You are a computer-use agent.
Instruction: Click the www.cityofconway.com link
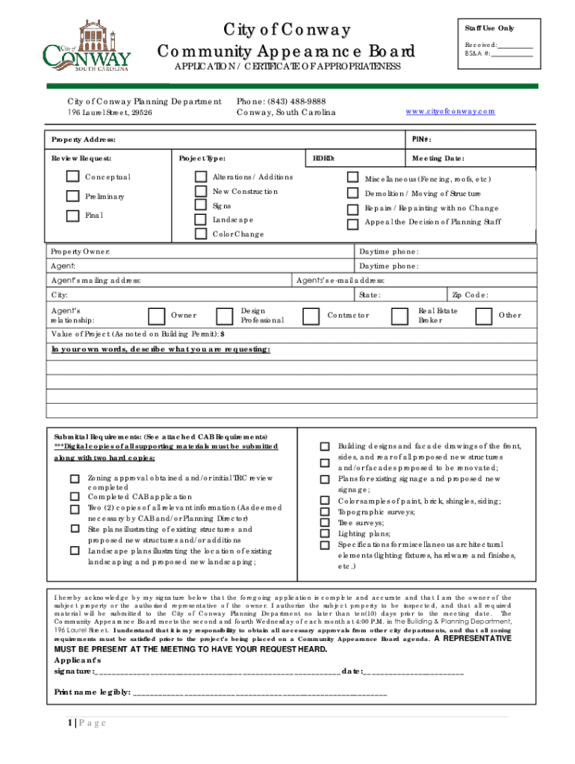pos(450,111)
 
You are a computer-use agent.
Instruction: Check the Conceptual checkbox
pos(72,177)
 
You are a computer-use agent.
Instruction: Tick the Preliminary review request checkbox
pos(72,196)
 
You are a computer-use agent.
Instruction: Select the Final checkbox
pos(72,216)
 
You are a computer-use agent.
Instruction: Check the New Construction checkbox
pos(200,192)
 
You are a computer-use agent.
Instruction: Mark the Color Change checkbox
pos(200,234)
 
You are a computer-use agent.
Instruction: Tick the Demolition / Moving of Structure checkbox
pos(352,193)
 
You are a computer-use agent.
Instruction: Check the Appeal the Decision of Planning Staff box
pos(352,224)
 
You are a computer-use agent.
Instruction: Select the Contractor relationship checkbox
pos(310,316)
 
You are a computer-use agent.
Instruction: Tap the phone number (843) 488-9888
pos(281,101)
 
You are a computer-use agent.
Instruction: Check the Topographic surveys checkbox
pos(324,513)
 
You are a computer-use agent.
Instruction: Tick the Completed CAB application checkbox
pos(75,496)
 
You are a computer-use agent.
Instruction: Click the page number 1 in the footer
pos(69,722)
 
